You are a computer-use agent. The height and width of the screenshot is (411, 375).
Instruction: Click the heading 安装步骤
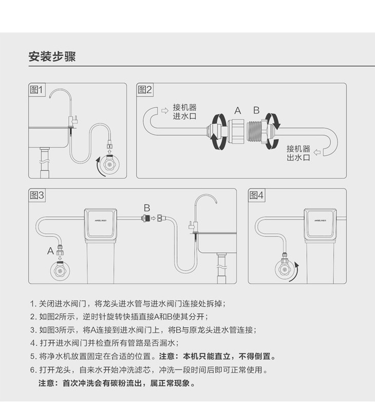point(52,57)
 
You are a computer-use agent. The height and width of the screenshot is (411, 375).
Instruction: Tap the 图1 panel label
point(38,90)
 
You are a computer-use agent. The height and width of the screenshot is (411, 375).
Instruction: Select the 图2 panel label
point(145,90)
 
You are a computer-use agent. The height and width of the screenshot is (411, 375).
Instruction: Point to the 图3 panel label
point(38,195)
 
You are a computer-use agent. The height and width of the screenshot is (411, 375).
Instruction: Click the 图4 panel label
point(257,195)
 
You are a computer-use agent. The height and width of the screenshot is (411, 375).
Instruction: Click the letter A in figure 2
point(237,110)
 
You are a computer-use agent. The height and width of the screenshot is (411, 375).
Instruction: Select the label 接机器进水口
point(185,111)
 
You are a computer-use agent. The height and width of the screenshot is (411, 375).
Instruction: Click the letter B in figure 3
point(146,208)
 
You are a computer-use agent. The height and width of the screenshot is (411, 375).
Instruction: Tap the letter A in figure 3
point(50,251)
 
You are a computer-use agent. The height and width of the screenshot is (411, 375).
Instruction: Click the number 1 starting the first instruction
point(32,304)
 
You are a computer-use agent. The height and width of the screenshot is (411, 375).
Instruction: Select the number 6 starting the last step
point(32,370)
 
